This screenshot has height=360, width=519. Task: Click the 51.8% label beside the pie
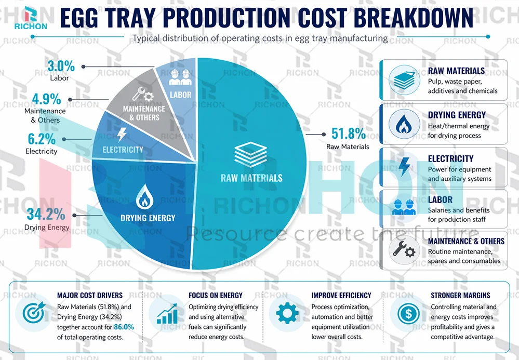349,134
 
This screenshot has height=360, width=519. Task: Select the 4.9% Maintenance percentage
46,99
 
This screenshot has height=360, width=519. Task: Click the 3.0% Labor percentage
61,66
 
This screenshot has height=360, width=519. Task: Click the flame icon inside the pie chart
143,198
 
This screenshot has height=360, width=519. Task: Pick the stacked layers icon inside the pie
251,154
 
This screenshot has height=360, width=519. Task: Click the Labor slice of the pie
180,86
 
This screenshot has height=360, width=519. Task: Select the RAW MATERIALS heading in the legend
456,71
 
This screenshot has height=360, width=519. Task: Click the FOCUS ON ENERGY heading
215,295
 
